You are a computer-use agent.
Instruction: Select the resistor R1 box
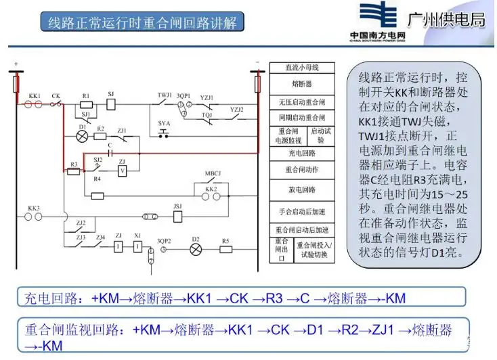pos(86,105)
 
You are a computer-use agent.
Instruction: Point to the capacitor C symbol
pos(110,150)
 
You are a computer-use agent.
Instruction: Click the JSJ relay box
pos(177,217)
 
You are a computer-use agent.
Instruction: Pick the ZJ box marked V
pos(123,171)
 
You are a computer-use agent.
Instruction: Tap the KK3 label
pos(34,208)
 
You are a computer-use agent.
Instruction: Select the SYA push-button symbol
pos(163,135)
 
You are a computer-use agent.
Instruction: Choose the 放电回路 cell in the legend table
pos(301,189)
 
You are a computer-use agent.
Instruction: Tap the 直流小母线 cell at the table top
pos(301,68)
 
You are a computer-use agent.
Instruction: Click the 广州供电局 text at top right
pos(446,20)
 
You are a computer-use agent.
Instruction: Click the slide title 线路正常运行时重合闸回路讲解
pos(142,22)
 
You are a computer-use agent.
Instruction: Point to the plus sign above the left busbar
pos(16,65)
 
